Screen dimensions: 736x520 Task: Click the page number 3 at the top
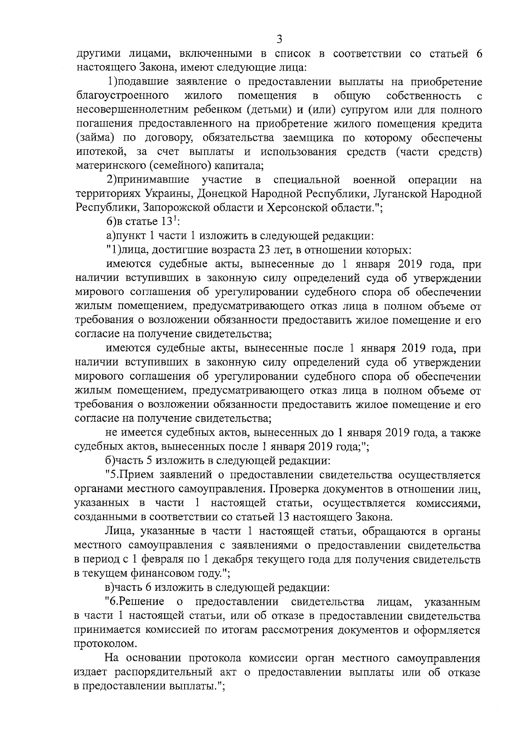pos(279,39)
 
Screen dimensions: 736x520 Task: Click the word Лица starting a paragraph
pos(117,531)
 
